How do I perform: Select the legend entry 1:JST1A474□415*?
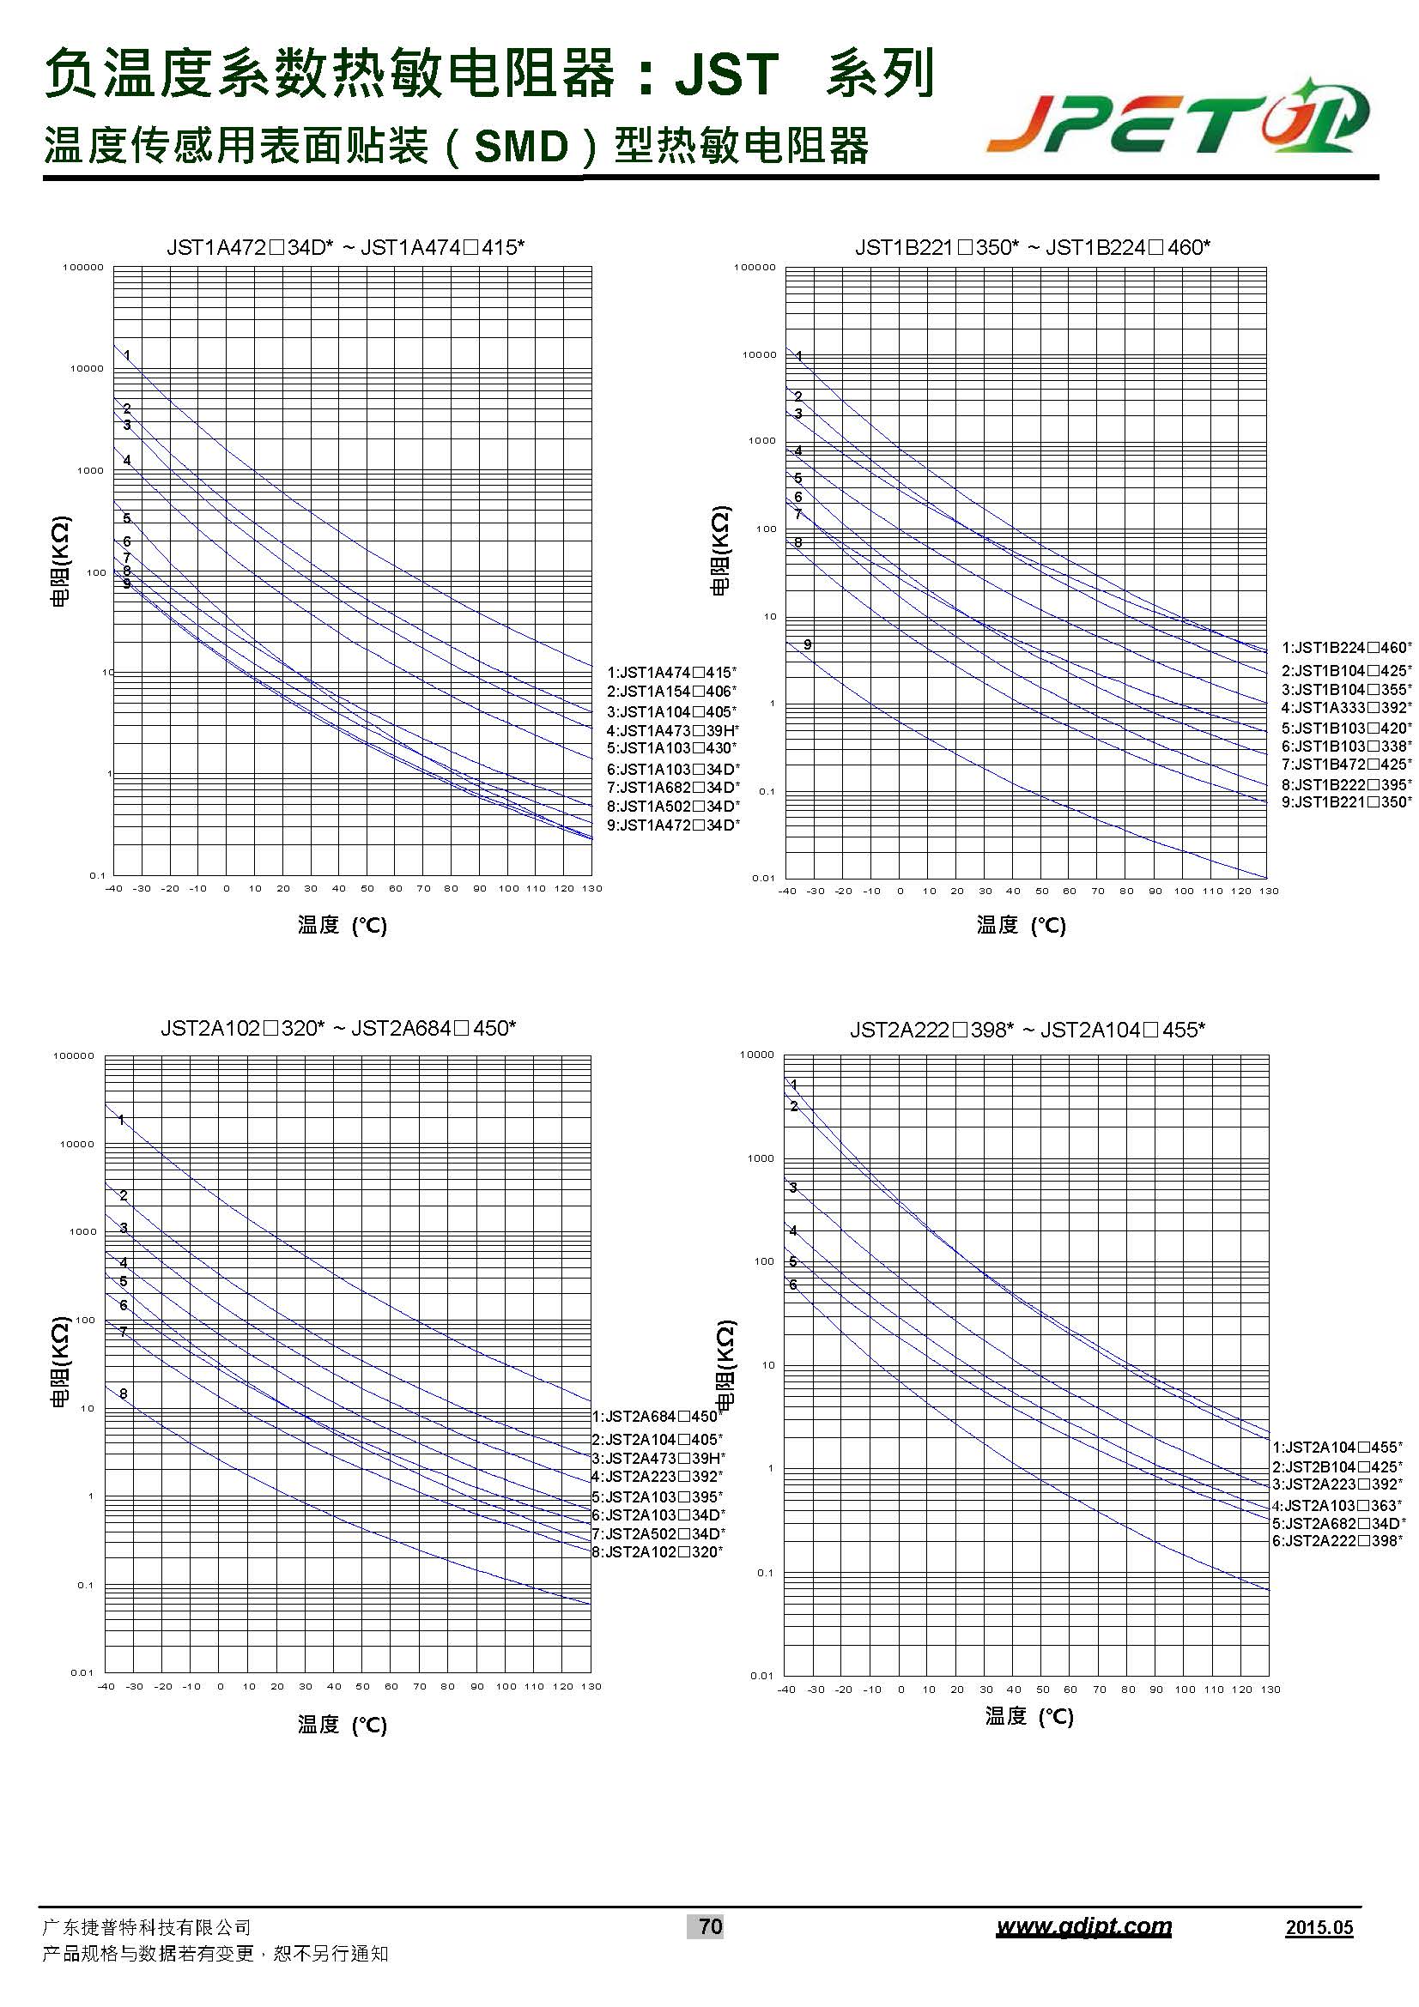coord(671,672)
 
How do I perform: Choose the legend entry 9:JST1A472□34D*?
coord(673,825)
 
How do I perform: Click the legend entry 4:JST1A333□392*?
coord(1346,707)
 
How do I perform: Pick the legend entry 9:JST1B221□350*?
coord(1346,801)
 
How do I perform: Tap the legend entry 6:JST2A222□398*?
coord(1337,1540)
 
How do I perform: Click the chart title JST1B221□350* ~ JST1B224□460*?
coord(1033,247)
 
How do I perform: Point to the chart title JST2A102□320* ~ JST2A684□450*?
coord(338,1028)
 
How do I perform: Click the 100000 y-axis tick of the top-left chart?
coord(83,268)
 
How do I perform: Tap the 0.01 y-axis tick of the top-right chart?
coord(763,878)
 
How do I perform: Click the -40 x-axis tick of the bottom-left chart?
coord(106,1686)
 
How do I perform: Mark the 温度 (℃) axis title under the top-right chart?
coord(1022,925)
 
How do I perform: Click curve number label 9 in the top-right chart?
coord(808,644)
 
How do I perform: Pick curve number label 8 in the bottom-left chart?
coord(124,1393)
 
